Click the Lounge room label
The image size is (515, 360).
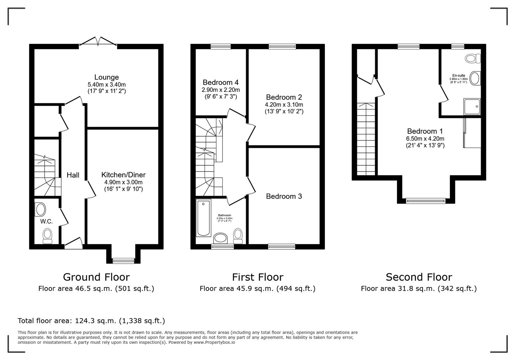pyautogui.click(x=106, y=77)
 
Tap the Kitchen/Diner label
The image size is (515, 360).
pyautogui.click(x=123, y=175)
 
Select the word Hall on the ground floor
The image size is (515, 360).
pyautogui.click(x=73, y=175)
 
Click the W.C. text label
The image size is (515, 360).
pyautogui.click(x=46, y=221)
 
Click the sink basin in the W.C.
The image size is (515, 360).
pyautogui.click(x=41, y=210)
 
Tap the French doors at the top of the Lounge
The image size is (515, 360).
pyautogui.click(x=98, y=41)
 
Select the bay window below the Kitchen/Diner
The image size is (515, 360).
pyautogui.click(x=123, y=260)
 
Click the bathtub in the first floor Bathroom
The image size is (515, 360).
pyautogui.click(x=203, y=218)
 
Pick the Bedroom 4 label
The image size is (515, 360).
pyautogui.click(x=220, y=82)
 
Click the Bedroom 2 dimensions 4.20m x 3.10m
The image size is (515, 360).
pyautogui.click(x=284, y=105)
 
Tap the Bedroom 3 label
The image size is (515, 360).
pyautogui.click(x=284, y=196)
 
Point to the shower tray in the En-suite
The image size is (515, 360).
pyautogui.click(x=472, y=107)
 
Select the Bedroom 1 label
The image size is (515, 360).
pyautogui.click(x=422, y=131)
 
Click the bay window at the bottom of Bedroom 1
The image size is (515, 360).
pyautogui.click(x=426, y=201)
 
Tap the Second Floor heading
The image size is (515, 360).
pyautogui.click(x=419, y=277)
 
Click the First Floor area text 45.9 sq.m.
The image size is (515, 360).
pyautogui.click(x=257, y=289)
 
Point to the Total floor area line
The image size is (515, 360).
pyautogui.click(x=91, y=321)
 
